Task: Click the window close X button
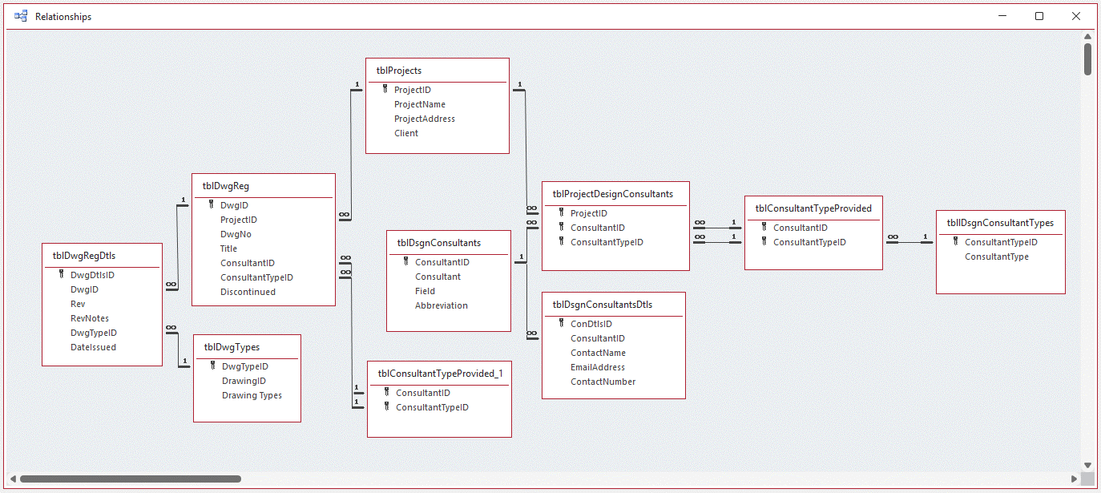pyautogui.click(x=1076, y=16)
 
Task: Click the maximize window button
pyautogui.click(x=1039, y=16)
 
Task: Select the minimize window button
pyautogui.click(x=1002, y=16)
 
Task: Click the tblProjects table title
pyautogui.click(x=399, y=71)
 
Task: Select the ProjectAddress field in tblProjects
pyautogui.click(x=424, y=119)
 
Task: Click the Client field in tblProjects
pyautogui.click(x=405, y=133)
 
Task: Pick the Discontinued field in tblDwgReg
pyautogui.click(x=248, y=292)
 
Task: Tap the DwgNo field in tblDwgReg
pyautogui.click(x=236, y=234)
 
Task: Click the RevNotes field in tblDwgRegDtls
pyautogui.click(x=89, y=318)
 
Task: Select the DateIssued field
pyautogui.click(x=93, y=347)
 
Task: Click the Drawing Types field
pyautogui.click(x=252, y=395)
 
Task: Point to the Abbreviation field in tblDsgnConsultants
pyautogui.click(x=441, y=305)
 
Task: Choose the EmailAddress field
pyautogui.click(x=597, y=367)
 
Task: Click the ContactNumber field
pyautogui.click(x=603, y=382)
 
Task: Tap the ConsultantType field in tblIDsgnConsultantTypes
pyautogui.click(x=996, y=257)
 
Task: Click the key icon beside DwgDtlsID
pyautogui.click(x=61, y=274)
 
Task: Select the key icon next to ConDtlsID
pyautogui.click(x=561, y=323)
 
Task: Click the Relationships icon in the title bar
pyautogui.click(x=21, y=16)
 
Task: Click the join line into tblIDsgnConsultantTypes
pyautogui.click(x=909, y=242)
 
